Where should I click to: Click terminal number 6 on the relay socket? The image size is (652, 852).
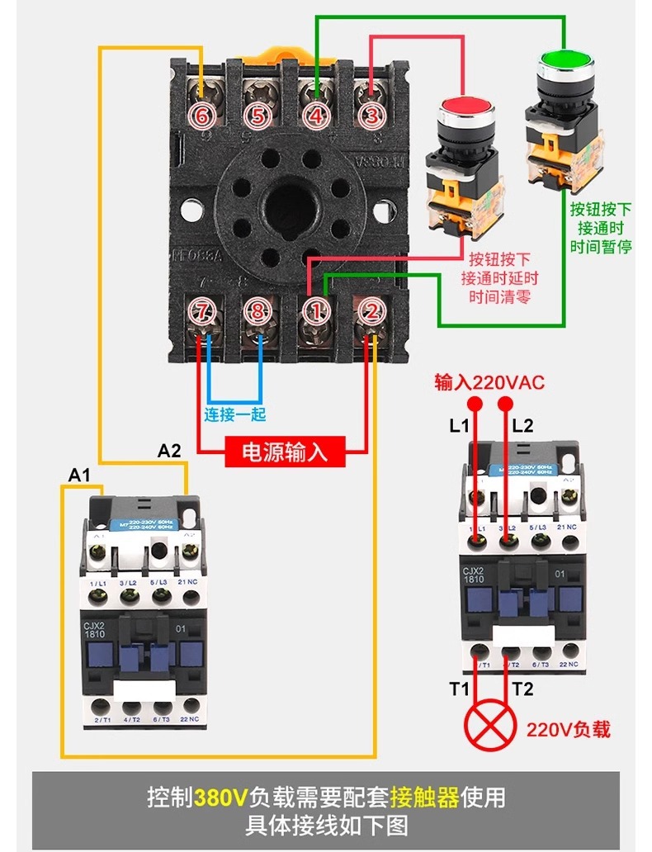pyautogui.click(x=202, y=116)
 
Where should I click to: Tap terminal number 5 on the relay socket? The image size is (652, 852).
pyautogui.click(x=257, y=116)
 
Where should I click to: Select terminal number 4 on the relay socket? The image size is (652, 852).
pyautogui.click(x=315, y=116)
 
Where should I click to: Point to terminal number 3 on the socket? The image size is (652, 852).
pyautogui.click(x=371, y=116)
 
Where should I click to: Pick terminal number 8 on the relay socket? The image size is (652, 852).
pyautogui.click(x=258, y=311)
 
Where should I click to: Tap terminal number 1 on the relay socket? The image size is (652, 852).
pyautogui.click(x=314, y=311)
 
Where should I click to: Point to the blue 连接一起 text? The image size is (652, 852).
pyautogui.click(x=235, y=414)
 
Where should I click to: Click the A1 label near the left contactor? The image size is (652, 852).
pyautogui.click(x=79, y=475)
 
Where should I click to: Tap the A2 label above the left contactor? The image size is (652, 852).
pyautogui.click(x=169, y=451)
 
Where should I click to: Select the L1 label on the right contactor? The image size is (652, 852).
pyautogui.click(x=459, y=426)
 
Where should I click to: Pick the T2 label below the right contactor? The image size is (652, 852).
pyautogui.click(x=522, y=689)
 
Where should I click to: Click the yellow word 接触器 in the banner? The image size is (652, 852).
pyautogui.click(x=424, y=798)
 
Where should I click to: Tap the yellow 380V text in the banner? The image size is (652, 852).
pyautogui.click(x=221, y=798)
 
